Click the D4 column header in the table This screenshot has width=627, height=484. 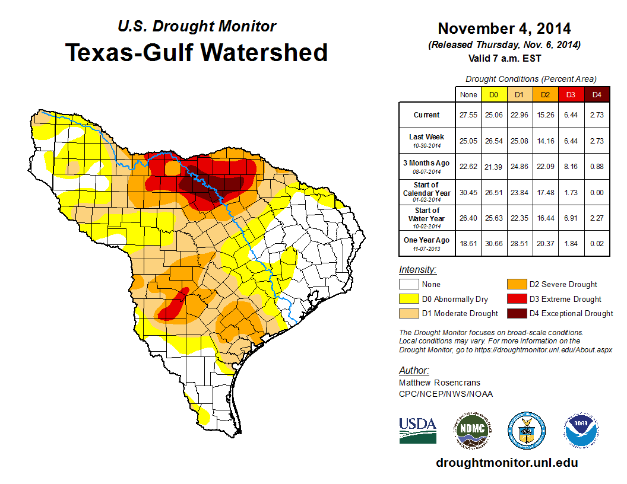597,95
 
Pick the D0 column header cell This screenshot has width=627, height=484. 493,95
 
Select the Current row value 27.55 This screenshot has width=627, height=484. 468,115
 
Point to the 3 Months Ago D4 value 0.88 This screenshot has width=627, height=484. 597,166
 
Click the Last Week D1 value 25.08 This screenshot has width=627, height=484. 519,141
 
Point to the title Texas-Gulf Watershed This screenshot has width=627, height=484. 196,52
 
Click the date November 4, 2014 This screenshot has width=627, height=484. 504,28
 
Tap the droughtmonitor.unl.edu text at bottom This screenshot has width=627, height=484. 506,463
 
